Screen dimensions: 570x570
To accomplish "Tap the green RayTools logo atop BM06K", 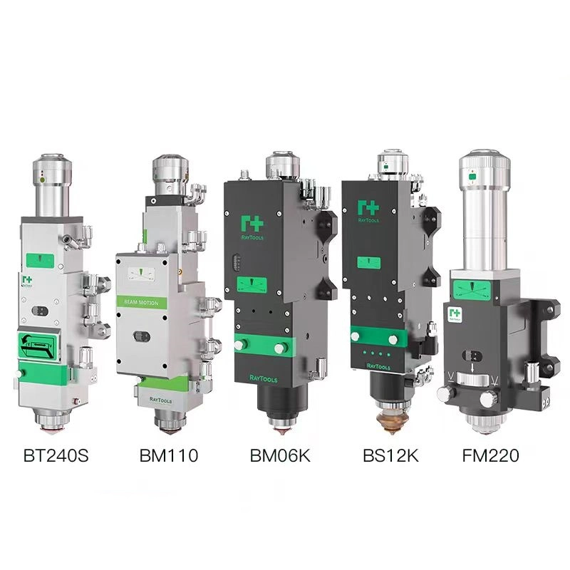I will point(252,209).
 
